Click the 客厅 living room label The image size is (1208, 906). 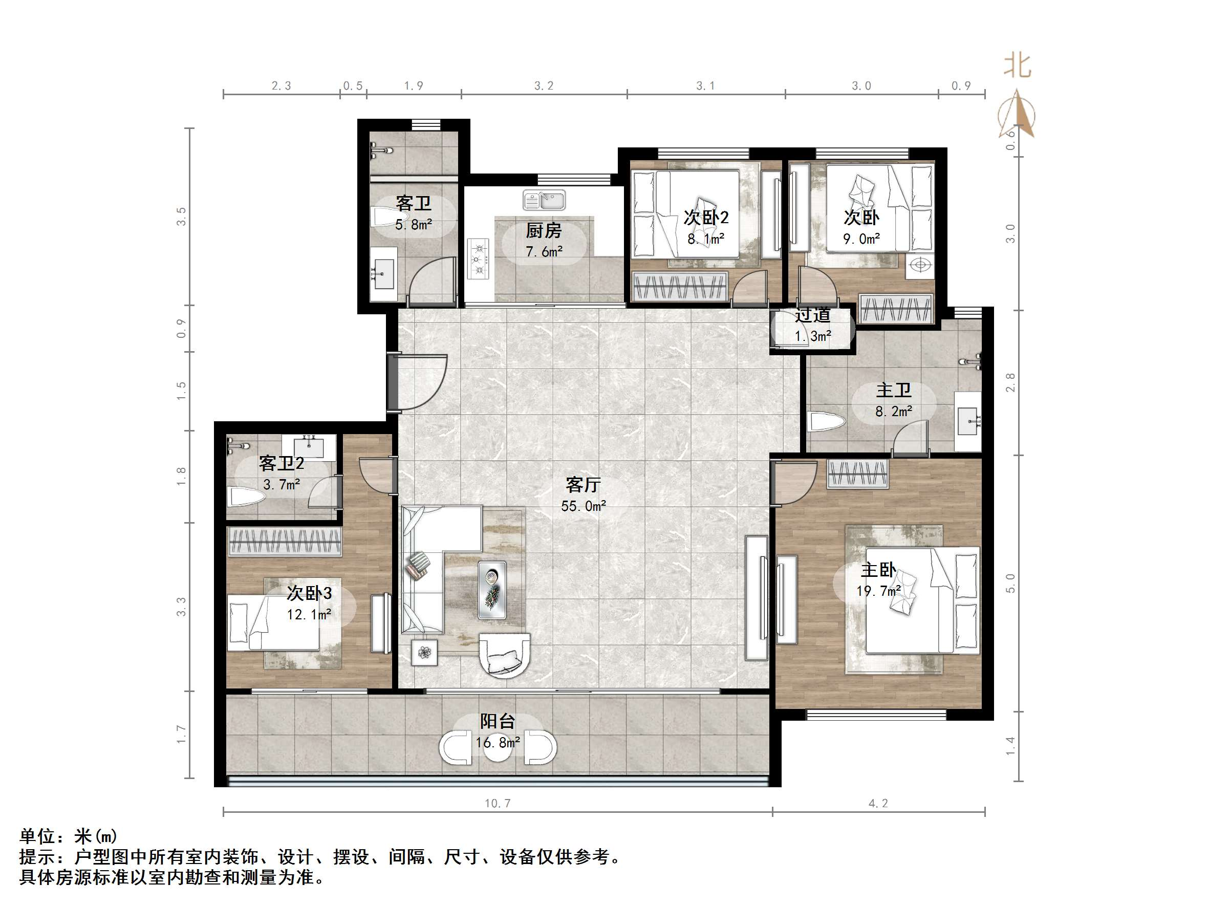click(583, 485)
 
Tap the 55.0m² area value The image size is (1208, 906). click(583, 506)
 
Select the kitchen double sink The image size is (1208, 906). click(544, 200)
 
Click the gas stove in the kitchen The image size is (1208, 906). click(479, 259)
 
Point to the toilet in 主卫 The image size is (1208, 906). click(826, 422)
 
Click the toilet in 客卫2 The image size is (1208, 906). click(245, 497)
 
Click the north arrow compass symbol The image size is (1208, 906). click(1017, 115)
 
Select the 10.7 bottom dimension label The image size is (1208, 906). click(497, 803)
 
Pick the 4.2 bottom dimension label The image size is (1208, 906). click(878, 803)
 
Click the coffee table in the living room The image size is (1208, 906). click(492, 590)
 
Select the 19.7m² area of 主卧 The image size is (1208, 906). click(878, 591)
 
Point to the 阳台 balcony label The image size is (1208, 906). click(497, 721)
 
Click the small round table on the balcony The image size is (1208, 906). click(498, 749)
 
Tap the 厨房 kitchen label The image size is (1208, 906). click(544, 231)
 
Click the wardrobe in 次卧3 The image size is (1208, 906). click(285, 541)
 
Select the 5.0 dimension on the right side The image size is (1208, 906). click(1010, 583)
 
